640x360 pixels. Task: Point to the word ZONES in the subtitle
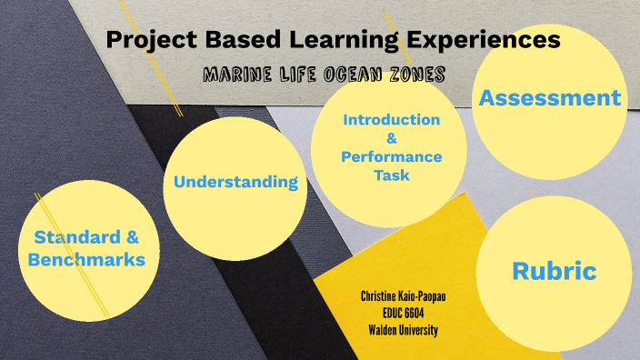coord(411,75)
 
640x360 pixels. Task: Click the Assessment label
coord(550,98)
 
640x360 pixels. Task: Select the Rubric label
coord(554,270)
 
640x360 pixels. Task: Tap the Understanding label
coord(235,182)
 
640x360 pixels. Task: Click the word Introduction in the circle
coord(391,120)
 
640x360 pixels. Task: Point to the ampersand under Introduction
coord(391,138)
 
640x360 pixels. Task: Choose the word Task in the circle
coord(391,175)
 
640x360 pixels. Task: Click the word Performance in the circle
coord(391,156)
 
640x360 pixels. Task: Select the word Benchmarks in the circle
coord(86,259)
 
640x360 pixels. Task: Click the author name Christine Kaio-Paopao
coord(403,296)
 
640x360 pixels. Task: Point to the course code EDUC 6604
coord(403,313)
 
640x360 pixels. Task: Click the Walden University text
coord(403,329)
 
